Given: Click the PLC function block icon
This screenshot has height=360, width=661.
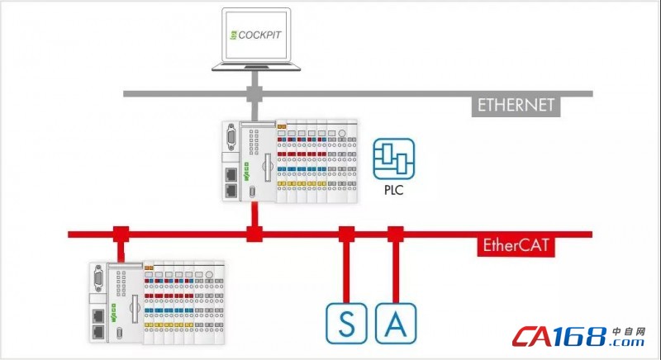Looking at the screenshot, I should coord(392,159).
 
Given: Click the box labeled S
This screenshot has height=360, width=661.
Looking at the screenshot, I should coord(347,323).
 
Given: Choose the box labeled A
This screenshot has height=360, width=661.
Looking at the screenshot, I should coord(396,323).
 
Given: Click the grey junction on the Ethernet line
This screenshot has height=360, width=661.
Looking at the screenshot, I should coord(254,92).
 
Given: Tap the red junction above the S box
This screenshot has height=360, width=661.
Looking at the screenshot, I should coord(347,234).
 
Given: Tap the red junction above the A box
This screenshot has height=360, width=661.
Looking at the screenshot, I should coord(396,234).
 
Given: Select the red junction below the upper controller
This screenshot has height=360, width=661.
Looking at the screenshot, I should coord(254,234).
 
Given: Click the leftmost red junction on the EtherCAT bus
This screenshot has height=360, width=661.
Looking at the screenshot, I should coord(121,234).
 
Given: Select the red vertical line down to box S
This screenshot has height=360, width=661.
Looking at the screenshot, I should coord(347,272).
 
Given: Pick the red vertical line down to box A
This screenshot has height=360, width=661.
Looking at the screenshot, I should coord(396,272).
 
